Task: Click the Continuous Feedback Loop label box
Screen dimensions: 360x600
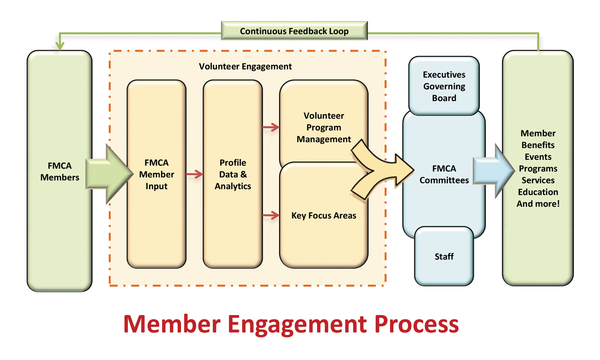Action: coord(294,31)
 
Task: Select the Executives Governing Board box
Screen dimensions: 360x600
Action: coord(444,86)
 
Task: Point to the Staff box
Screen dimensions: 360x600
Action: coord(444,256)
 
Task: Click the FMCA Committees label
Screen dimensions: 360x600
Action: coord(444,174)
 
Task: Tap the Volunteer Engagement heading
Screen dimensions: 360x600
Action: coord(245,66)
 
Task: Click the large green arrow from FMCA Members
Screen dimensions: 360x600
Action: coord(109,174)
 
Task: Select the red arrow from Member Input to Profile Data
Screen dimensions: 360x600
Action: coord(195,174)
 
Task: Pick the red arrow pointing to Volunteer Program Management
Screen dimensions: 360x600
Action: coord(271,127)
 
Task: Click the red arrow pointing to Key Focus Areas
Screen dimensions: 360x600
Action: coord(271,215)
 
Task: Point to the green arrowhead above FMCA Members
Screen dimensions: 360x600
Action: coord(60,46)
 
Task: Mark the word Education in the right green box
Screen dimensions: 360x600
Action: coord(538,192)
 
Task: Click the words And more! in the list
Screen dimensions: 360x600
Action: coord(538,204)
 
